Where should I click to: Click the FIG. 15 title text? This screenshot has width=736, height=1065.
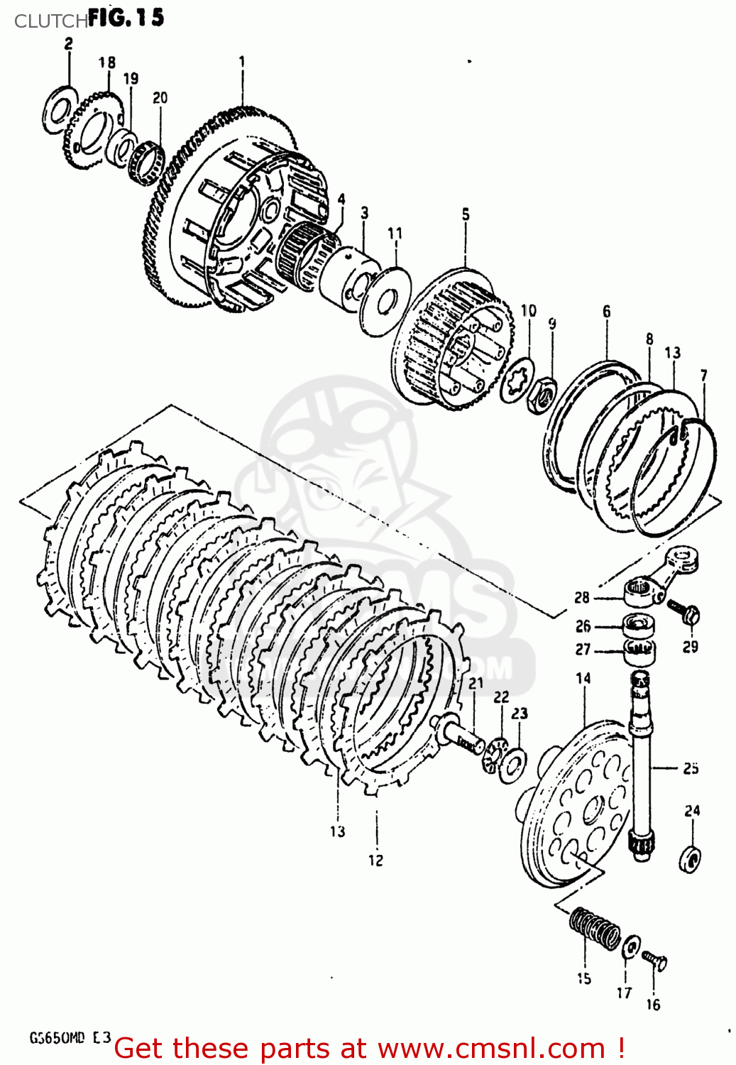coord(126,17)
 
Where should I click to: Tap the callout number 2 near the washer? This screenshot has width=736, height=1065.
coord(68,44)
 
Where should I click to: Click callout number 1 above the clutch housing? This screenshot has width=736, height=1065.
coord(242,61)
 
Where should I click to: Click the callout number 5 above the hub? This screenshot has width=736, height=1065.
coord(466,214)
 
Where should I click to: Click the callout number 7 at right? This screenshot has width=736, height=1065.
coord(703,375)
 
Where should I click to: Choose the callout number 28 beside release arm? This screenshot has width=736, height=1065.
coord(582,597)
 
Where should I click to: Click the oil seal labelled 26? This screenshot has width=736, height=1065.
coord(637,628)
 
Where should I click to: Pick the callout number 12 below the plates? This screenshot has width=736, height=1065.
coord(375,860)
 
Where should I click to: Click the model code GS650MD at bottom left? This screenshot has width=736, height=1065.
coord(57,1037)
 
